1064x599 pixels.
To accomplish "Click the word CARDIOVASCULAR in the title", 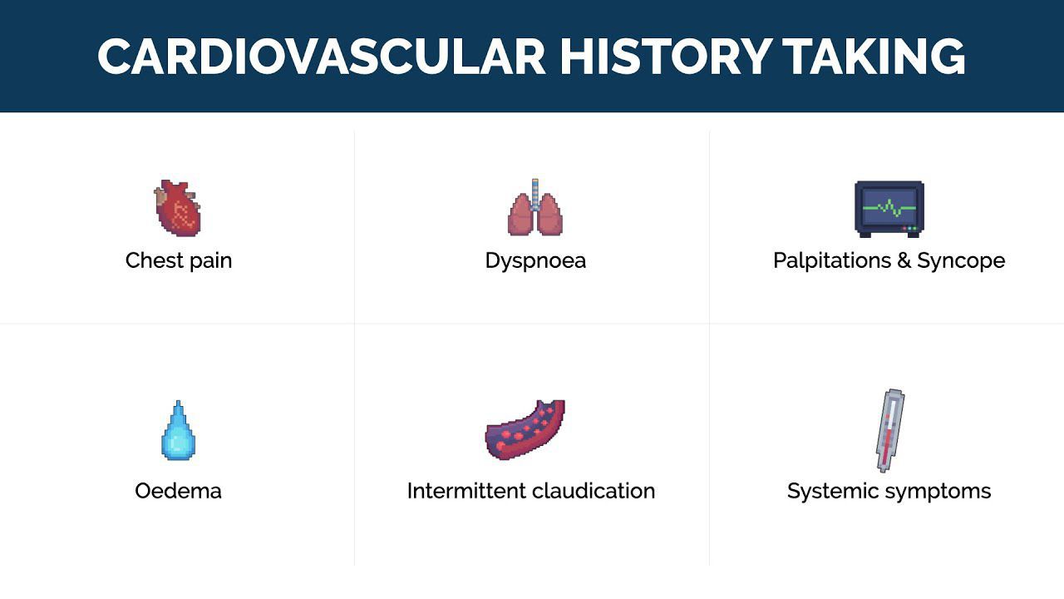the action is (321, 57).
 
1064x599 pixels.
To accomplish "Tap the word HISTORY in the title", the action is (666, 57).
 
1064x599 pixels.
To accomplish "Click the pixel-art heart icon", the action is (178, 208).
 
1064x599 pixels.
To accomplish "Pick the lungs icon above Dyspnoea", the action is (534, 207).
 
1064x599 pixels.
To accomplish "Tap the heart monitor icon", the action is (889, 209).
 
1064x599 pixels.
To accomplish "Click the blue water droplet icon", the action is (178, 430).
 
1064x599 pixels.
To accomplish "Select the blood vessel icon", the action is (525, 430).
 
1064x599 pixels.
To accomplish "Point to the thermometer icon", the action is (889, 431).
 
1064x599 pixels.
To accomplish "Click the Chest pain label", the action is (179, 261).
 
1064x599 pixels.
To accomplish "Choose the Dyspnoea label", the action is (535, 261).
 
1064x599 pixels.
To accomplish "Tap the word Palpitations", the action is (833, 261).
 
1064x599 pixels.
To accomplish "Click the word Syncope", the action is (961, 261).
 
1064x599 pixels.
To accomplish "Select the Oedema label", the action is (178, 491).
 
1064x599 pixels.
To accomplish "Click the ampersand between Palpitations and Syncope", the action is (904, 260).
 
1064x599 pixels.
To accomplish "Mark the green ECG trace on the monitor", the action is (889, 208).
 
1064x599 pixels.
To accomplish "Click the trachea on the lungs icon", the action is (535, 195).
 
